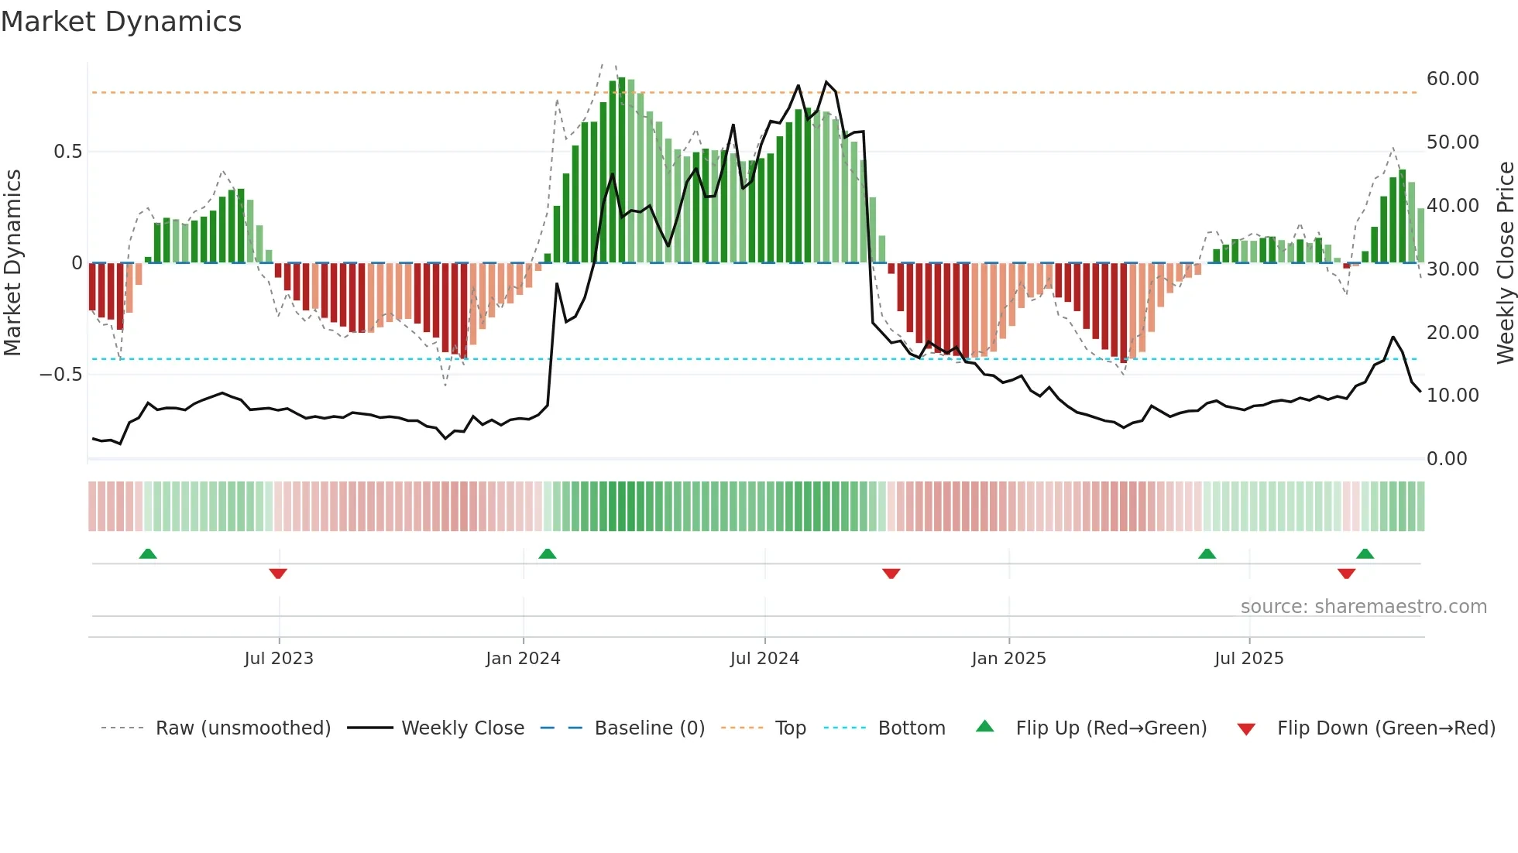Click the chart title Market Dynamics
click(122, 22)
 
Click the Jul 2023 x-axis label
click(279, 658)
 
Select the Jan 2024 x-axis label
click(523, 658)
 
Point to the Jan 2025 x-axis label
click(1008, 658)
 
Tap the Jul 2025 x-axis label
click(1248, 658)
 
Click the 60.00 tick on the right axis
click(1452, 79)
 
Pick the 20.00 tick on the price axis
click(1452, 332)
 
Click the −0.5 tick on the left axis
click(61, 375)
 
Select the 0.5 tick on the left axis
click(67, 152)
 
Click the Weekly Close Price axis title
click(1505, 263)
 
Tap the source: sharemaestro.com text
click(1363, 606)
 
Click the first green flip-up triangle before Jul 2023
click(148, 553)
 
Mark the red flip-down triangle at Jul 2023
click(278, 574)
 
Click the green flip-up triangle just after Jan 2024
click(548, 553)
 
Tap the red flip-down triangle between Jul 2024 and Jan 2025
click(891, 574)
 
